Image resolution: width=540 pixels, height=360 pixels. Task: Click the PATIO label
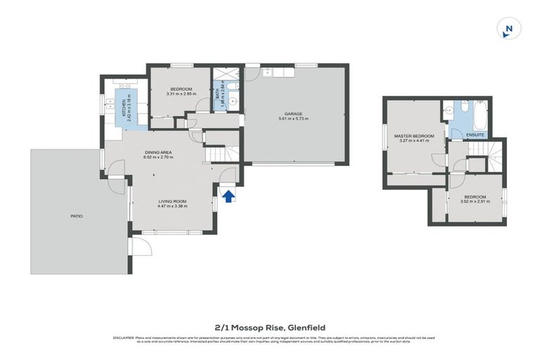click(x=76, y=216)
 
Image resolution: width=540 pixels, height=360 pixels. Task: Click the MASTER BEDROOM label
click(x=413, y=136)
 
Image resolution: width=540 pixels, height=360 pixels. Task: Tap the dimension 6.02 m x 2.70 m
click(x=158, y=157)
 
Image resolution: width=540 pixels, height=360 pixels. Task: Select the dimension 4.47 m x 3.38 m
click(x=172, y=206)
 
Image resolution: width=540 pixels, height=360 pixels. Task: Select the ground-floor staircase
click(x=218, y=153)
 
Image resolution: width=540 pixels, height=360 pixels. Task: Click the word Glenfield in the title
click(x=307, y=327)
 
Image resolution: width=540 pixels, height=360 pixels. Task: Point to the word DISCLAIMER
click(x=124, y=338)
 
